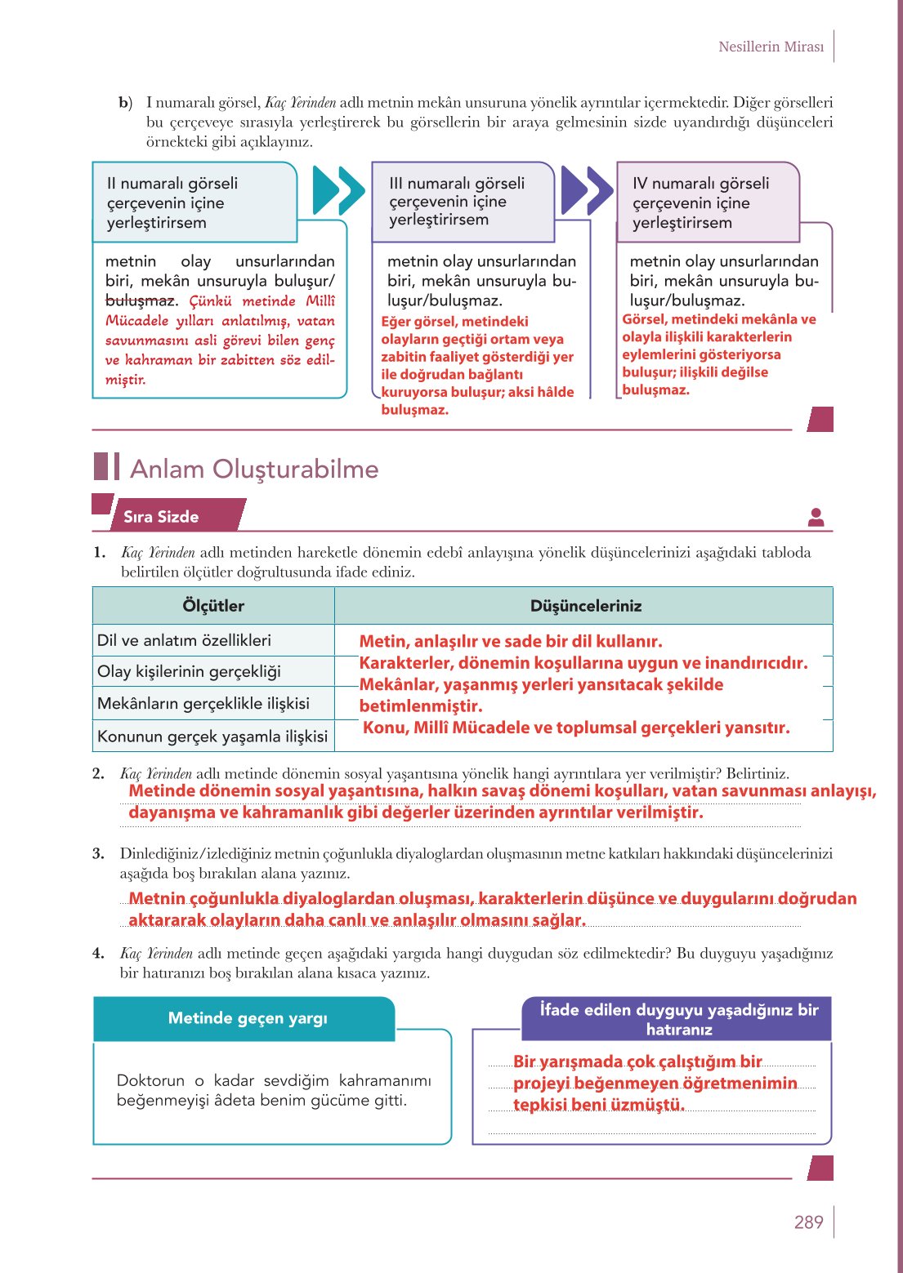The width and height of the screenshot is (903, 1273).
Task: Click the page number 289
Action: click(x=808, y=1222)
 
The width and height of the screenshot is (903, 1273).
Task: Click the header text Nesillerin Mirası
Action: click(x=771, y=47)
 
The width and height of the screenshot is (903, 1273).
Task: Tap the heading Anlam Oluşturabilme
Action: click(x=254, y=469)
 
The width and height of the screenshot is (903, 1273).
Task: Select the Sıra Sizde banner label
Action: click(x=161, y=516)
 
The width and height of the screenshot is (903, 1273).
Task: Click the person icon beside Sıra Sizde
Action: click(x=816, y=517)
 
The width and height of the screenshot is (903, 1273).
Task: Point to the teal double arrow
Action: click(x=338, y=190)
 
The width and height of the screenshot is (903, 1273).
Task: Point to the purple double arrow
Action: click(x=586, y=190)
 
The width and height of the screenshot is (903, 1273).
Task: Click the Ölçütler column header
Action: click(x=213, y=606)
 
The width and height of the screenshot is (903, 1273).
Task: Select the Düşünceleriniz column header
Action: click(x=585, y=606)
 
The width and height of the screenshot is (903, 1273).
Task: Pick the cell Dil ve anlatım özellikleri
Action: click(x=184, y=640)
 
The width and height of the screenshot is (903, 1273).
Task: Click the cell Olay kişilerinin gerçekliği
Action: click(x=189, y=671)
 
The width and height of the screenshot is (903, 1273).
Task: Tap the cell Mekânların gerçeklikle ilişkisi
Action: click(x=203, y=703)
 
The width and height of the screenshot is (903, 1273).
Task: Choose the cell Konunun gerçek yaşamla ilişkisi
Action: click(x=212, y=736)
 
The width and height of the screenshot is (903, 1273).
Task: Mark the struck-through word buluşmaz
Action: click(x=140, y=300)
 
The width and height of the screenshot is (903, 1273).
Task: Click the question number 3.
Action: click(x=98, y=854)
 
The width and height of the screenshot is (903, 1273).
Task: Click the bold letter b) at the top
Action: click(x=125, y=103)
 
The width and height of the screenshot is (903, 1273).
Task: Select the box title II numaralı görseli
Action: click(x=172, y=184)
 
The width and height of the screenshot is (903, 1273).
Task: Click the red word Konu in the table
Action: click(x=383, y=728)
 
